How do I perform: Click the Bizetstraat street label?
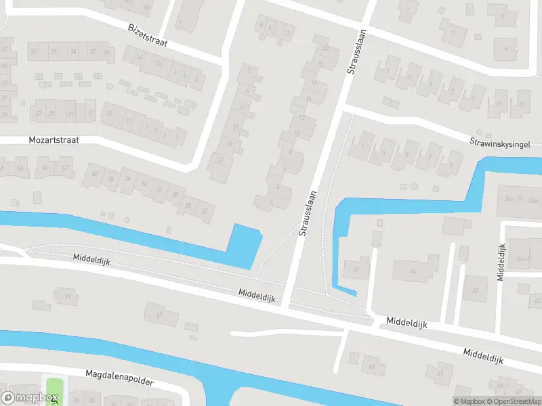click(x=148, y=36)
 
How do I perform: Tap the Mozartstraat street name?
click(x=54, y=140)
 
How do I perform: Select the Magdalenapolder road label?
click(x=120, y=378)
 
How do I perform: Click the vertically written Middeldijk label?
click(x=501, y=262)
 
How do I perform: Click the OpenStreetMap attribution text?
click(x=516, y=401)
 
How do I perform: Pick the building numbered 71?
click(x=67, y=296)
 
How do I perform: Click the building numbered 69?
click(x=161, y=314)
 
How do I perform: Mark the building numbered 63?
click(x=371, y=367)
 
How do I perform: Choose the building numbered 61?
click(x=440, y=373)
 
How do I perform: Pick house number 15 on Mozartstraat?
click(x=108, y=113)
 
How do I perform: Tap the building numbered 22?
click(x=220, y=160)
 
